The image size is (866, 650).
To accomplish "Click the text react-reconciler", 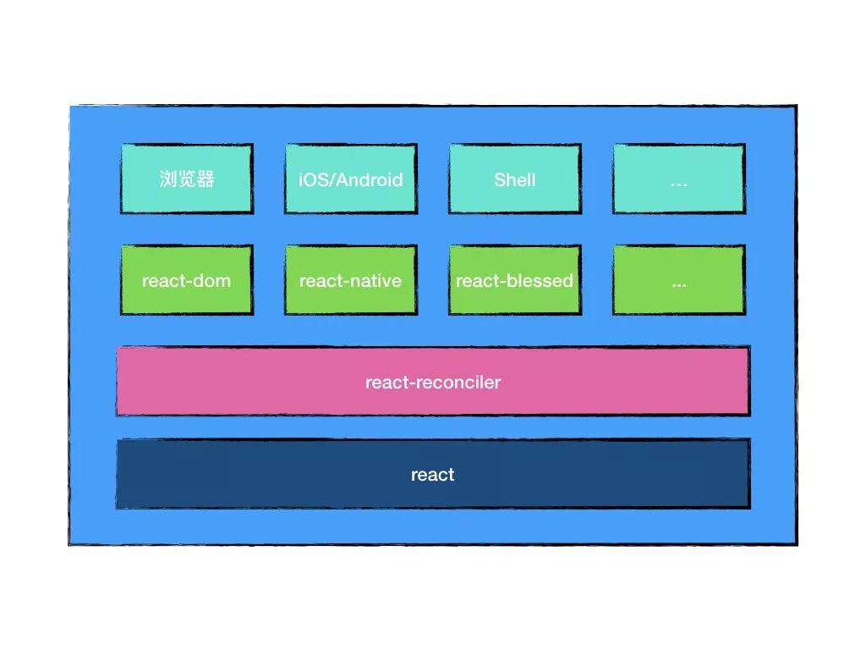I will pyautogui.click(x=433, y=382).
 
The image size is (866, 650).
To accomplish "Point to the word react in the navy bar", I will pyautogui.click(x=432, y=475).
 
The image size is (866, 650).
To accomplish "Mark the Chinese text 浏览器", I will pyautogui.click(x=187, y=179).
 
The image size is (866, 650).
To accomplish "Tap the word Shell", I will pyautogui.click(x=514, y=179).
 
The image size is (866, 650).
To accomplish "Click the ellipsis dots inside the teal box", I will pyautogui.click(x=678, y=182).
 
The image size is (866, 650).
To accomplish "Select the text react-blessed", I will pyautogui.click(x=514, y=280).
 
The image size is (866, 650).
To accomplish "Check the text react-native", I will pyautogui.click(x=350, y=280).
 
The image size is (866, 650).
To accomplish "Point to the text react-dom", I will pyautogui.click(x=186, y=280).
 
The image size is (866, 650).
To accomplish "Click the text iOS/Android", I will pyautogui.click(x=350, y=179).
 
